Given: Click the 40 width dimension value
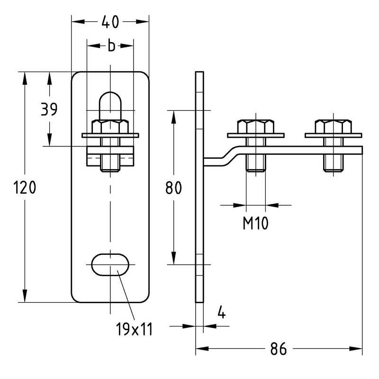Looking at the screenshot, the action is pyautogui.click(x=110, y=22).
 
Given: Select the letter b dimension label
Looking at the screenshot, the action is pyautogui.click(x=111, y=45).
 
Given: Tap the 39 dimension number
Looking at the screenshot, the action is pyautogui.click(x=49, y=109).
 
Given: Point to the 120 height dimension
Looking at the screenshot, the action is pyautogui.click(x=25, y=187).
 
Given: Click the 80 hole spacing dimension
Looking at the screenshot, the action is pyautogui.click(x=173, y=188).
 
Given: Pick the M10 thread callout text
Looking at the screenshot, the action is pyautogui.click(x=255, y=223).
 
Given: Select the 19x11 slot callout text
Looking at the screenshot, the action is pyautogui.click(x=134, y=329).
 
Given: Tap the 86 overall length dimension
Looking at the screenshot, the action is pyautogui.click(x=279, y=349).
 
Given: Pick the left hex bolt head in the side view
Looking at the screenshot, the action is pyautogui.click(x=256, y=126).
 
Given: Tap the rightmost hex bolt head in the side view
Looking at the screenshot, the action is pyautogui.click(x=334, y=126).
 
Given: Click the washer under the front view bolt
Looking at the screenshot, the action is pyautogui.click(x=110, y=135).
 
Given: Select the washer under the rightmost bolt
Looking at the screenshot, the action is pyautogui.click(x=334, y=135).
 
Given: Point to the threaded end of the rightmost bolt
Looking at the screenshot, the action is pyautogui.click(x=334, y=163).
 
